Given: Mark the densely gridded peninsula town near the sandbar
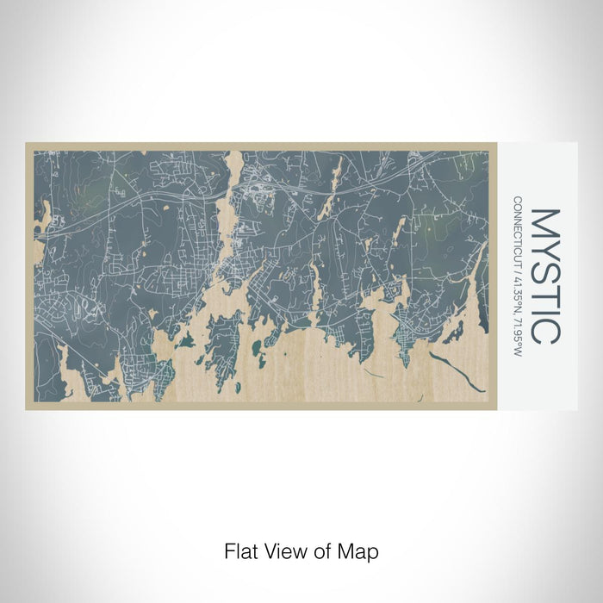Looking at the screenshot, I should coord(402,335).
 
